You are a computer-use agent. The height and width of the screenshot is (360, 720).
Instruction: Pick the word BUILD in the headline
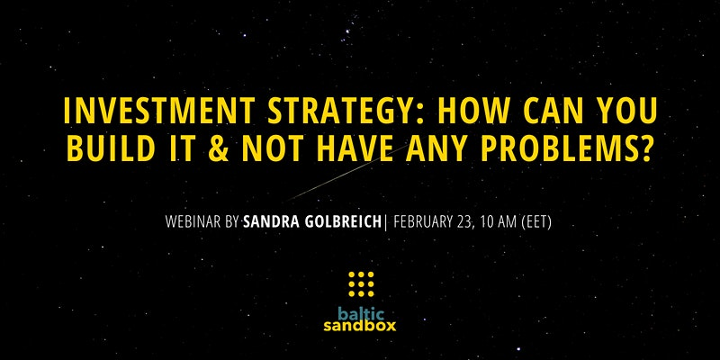(108, 148)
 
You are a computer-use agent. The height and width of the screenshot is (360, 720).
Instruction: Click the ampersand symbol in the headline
(218, 148)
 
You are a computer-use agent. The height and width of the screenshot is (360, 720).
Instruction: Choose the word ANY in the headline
(436, 148)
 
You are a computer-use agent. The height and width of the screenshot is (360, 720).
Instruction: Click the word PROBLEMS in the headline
(555, 148)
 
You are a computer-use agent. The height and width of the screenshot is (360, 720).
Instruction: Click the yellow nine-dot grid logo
(362, 284)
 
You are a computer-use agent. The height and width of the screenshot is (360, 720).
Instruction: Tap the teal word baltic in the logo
(361, 313)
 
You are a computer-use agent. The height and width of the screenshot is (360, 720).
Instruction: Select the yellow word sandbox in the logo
(359, 326)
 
